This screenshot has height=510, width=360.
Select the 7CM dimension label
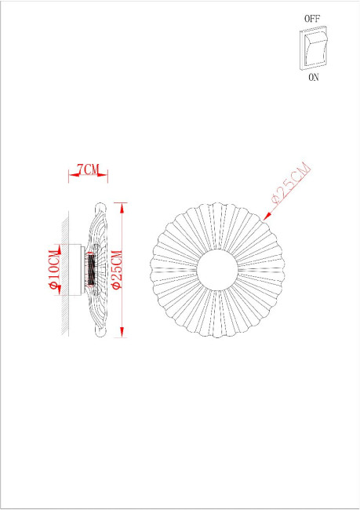[x=87, y=169]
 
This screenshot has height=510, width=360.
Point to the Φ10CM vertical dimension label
[x=54, y=269]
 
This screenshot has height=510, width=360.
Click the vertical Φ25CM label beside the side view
[x=115, y=269]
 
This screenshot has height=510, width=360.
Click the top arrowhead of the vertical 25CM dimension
[x=122, y=205]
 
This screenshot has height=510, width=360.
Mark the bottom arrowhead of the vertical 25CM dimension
[x=122, y=335]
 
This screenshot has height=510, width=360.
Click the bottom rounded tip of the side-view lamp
[x=99, y=333]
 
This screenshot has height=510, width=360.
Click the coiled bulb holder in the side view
[x=92, y=270]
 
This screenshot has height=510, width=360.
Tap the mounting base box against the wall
[x=79, y=270]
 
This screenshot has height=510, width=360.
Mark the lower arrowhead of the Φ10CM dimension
[x=59, y=293]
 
